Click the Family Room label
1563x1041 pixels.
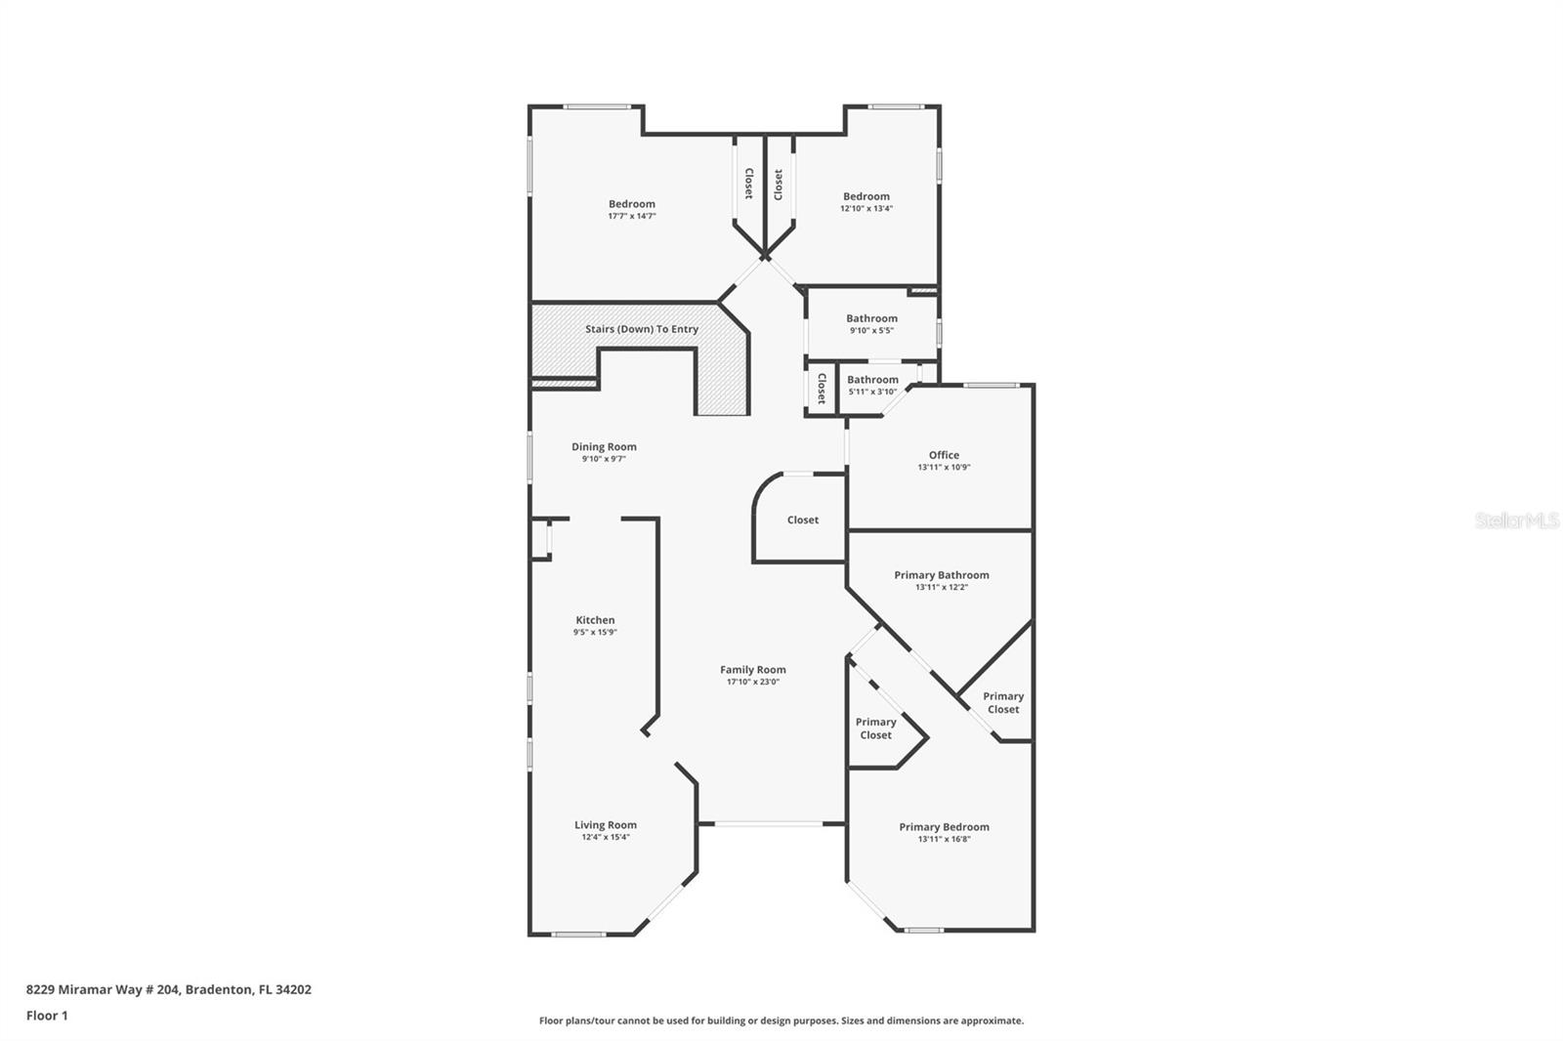[752, 670]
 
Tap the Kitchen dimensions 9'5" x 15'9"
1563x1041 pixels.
[595, 633]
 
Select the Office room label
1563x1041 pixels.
[944, 455]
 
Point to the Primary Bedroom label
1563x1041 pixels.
[944, 827]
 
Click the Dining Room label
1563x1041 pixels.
[604, 447]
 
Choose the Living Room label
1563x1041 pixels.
[606, 825]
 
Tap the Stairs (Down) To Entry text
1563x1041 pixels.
[642, 329]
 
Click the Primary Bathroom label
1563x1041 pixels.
[942, 575]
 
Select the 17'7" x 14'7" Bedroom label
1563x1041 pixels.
[631, 204]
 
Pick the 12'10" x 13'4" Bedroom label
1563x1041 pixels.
[866, 196]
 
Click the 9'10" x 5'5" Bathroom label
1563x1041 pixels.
[871, 318]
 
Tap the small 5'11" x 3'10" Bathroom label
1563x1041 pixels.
[872, 380]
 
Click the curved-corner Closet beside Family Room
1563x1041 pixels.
[803, 520]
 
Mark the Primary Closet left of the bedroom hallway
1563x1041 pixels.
[875, 729]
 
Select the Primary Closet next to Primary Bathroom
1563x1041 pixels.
[1003, 703]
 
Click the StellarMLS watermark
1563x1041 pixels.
[1516, 521]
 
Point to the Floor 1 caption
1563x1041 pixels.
[47, 1016]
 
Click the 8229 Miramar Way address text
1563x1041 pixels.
[168, 989]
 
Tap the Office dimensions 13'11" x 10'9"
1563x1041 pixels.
[944, 468]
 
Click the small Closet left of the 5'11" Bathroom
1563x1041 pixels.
[822, 389]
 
